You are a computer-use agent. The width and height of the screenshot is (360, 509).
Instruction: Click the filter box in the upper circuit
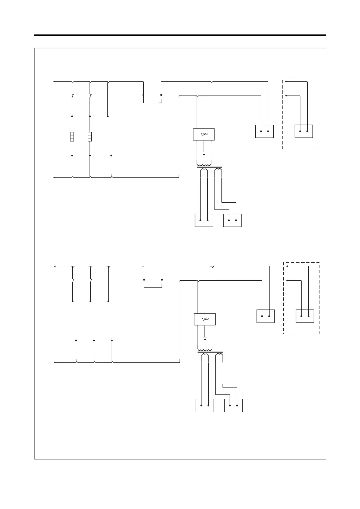pos(204,135)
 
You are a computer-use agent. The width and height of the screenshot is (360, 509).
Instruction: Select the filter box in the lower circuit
pos(205,319)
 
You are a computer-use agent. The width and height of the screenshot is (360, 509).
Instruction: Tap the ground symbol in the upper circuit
pos(204,152)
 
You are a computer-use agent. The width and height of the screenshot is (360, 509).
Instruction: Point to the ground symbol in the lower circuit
pos(205,337)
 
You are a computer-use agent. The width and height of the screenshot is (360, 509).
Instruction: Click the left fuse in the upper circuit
pos(72,137)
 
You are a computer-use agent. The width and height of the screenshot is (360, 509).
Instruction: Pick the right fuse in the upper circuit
pos(90,137)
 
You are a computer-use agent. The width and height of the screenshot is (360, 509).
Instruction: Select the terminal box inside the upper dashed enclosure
pos(304,131)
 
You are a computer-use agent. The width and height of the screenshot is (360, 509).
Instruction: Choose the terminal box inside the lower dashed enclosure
pos(305,316)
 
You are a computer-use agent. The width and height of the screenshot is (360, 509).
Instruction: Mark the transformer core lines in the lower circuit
pos(210,352)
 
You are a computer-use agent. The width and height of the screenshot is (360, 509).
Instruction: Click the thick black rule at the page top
pos(180,36)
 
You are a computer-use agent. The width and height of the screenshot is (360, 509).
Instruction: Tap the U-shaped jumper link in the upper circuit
pos(152,102)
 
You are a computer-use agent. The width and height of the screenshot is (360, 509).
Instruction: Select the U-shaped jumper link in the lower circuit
pos(153,287)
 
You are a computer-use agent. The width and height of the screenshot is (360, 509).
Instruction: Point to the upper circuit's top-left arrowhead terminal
pos(54,81)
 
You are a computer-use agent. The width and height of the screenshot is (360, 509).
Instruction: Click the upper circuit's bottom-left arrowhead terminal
pos(54,178)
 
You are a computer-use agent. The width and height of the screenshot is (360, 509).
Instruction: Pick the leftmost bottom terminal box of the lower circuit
pos(205,405)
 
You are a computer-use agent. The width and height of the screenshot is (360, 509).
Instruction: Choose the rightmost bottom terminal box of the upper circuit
pos(232,220)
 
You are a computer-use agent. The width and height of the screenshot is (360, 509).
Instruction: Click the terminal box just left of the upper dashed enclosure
pos(264,131)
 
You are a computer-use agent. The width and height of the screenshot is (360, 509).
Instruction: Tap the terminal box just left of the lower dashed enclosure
pos(266,316)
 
